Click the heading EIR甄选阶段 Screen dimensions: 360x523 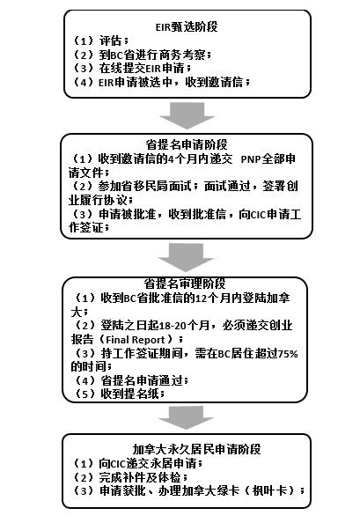click(x=187, y=26)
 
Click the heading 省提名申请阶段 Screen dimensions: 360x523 click(x=187, y=144)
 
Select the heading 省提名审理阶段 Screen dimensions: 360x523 click(x=185, y=284)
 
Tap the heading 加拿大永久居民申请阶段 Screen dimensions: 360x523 click(x=196, y=449)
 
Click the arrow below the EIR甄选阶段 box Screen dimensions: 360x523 click(x=187, y=115)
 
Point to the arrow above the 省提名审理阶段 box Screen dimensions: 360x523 click(x=186, y=257)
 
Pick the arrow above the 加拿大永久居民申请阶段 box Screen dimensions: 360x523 click(x=186, y=417)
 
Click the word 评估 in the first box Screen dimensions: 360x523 click(x=110, y=41)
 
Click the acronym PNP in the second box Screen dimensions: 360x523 click(x=251, y=158)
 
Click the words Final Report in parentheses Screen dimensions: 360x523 click(x=136, y=340)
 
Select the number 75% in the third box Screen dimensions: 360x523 click(x=288, y=353)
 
